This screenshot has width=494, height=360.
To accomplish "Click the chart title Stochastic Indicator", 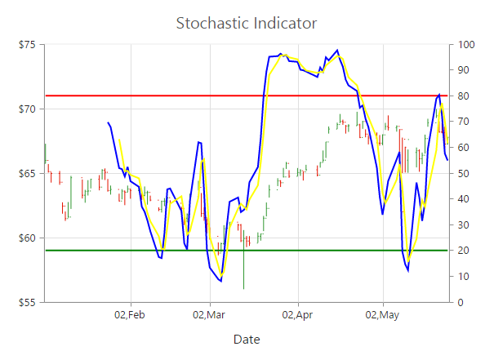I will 247,23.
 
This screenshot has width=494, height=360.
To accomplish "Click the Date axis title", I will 247,339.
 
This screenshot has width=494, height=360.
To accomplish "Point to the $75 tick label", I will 27,44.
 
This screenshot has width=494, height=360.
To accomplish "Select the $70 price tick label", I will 27,109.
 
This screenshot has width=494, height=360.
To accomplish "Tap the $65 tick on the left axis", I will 27,173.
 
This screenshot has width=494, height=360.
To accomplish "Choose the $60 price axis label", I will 27,238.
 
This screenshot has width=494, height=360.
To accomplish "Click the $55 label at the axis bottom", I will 27,302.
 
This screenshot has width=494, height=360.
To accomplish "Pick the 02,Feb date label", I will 129,314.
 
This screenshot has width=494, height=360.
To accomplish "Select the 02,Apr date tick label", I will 297,314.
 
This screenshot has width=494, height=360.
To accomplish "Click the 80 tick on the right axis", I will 465,96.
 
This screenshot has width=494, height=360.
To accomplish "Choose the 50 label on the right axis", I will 465,173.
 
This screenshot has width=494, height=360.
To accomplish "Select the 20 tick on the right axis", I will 465,251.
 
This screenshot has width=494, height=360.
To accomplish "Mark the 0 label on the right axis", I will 462,302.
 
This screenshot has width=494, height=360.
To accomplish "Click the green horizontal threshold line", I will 327,251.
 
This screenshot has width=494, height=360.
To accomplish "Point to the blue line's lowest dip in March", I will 220,281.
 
